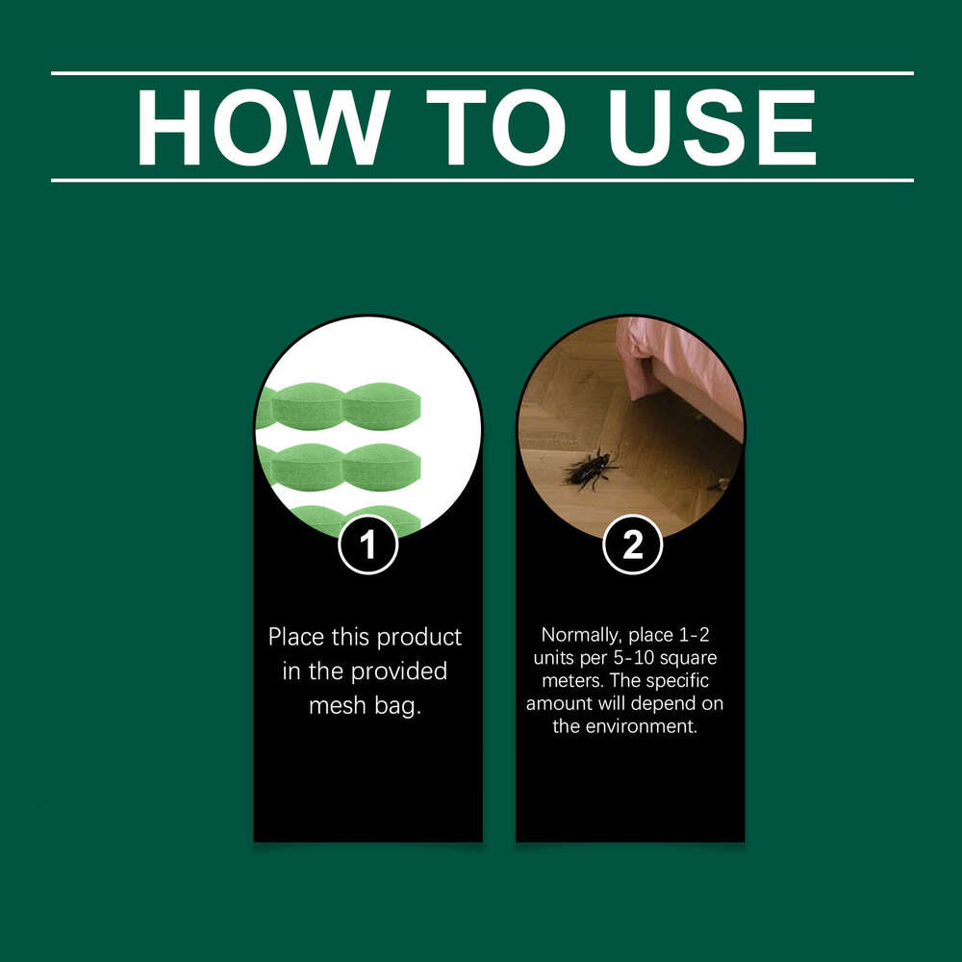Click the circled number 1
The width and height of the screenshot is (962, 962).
click(367, 545)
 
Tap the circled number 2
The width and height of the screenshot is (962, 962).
click(632, 545)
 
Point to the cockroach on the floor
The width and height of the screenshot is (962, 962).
click(589, 468)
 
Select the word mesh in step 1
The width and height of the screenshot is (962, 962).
click(332, 705)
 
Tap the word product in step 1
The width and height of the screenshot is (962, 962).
click(418, 637)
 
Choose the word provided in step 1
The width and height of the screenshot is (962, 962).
click(399, 671)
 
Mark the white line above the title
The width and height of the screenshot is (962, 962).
click(481, 73)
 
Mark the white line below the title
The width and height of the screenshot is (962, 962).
click(481, 180)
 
